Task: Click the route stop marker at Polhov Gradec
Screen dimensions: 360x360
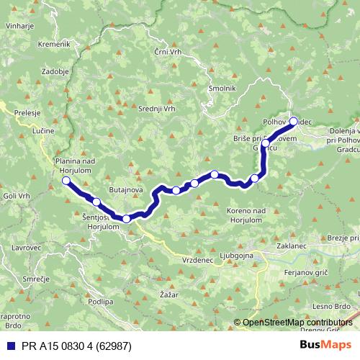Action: (293, 121)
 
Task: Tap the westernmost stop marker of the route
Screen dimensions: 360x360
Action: (66, 180)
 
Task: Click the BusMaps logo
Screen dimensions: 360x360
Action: (325, 344)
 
